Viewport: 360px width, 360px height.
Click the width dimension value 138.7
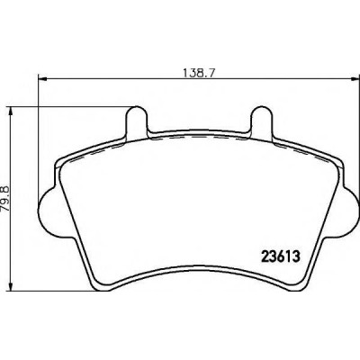click(x=200, y=73)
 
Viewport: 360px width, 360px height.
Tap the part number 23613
click(x=281, y=256)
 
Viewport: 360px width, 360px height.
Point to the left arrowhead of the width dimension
click(x=43, y=79)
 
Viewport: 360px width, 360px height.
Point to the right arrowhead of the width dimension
click(x=355, y=79)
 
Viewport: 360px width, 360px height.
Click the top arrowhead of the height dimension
click(x=11, y=112)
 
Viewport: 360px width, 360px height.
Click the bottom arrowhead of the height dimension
click(x=11, y=286)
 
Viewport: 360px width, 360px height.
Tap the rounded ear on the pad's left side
click(x=48, y=208)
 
